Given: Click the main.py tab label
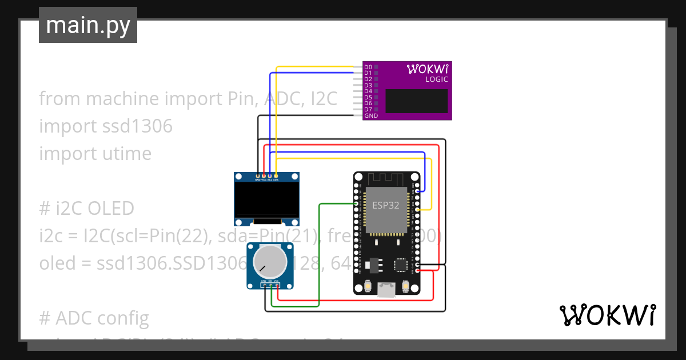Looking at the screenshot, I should (x=87, y=25).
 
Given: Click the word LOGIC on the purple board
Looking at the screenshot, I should (x=436, y=79).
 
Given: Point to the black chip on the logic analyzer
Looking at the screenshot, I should (x=416, y=101).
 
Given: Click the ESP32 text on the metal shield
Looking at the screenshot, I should (x=386, y=206).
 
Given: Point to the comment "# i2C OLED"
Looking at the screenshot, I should (x=86, y=209).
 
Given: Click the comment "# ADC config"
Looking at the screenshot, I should (x=94, y=318).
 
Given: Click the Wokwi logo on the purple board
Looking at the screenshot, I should (x=428, y=69).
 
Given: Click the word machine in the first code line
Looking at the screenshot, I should (x=123, y=99).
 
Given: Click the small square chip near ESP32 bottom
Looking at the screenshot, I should (x=401, y=265).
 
